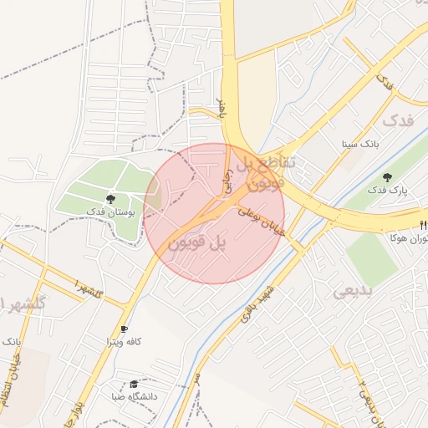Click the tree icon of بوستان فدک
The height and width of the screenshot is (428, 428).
click(110, 198)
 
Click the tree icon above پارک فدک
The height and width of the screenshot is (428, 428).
click(387, 177)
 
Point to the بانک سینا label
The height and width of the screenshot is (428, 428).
click(359, 144)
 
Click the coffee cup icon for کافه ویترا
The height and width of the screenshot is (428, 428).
click(125, 329)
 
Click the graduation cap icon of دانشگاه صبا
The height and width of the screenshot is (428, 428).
click(134, 384)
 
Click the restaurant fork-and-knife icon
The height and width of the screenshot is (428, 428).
click(423, 225)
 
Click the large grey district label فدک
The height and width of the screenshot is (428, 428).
click(397, 120)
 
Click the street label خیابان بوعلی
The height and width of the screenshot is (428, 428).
click(262, 223)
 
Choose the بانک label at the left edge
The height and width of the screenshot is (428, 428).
click(11, 342)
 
